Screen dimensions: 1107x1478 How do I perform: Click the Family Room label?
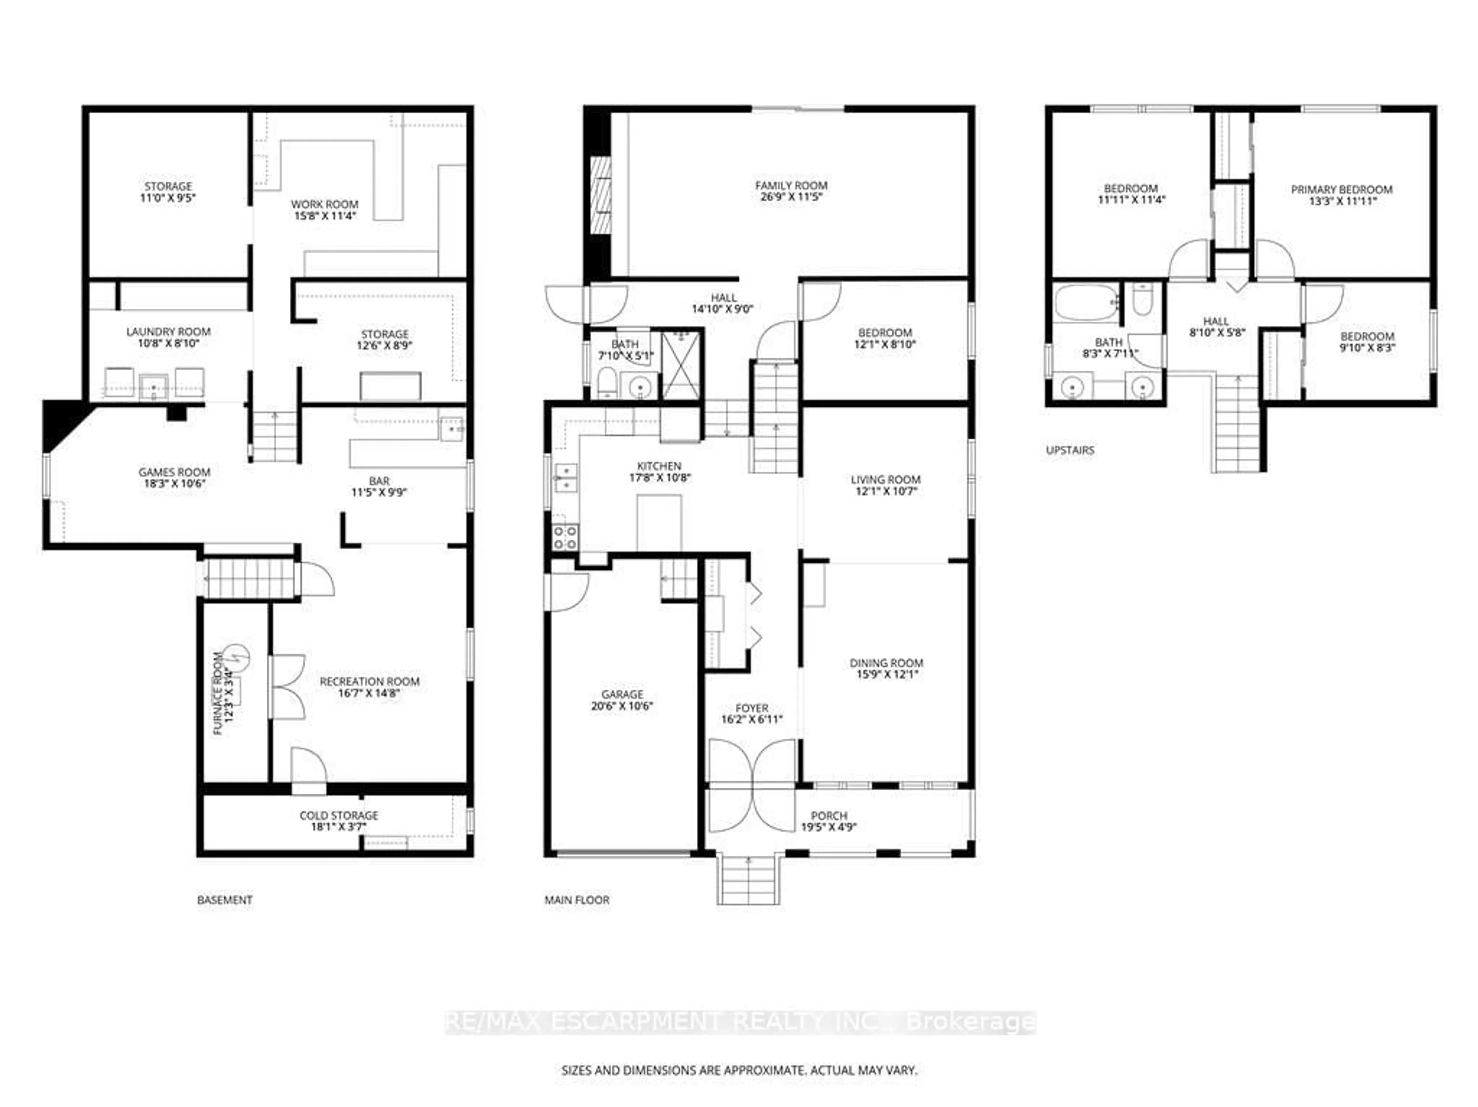pos(791,185)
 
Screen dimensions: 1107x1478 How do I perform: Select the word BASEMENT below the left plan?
pos(224,900)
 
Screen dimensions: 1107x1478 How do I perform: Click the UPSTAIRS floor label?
pos(1070,450)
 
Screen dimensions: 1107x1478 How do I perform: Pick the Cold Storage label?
pos(339,815)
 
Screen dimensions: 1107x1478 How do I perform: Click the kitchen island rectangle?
pos(659,522)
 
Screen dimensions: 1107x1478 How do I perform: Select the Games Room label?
pos(174,472)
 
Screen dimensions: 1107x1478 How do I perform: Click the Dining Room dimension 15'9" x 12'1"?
pos(886,674)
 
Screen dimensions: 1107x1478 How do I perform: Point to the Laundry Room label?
pos(168,331)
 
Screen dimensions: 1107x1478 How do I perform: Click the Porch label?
pos(829,816)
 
